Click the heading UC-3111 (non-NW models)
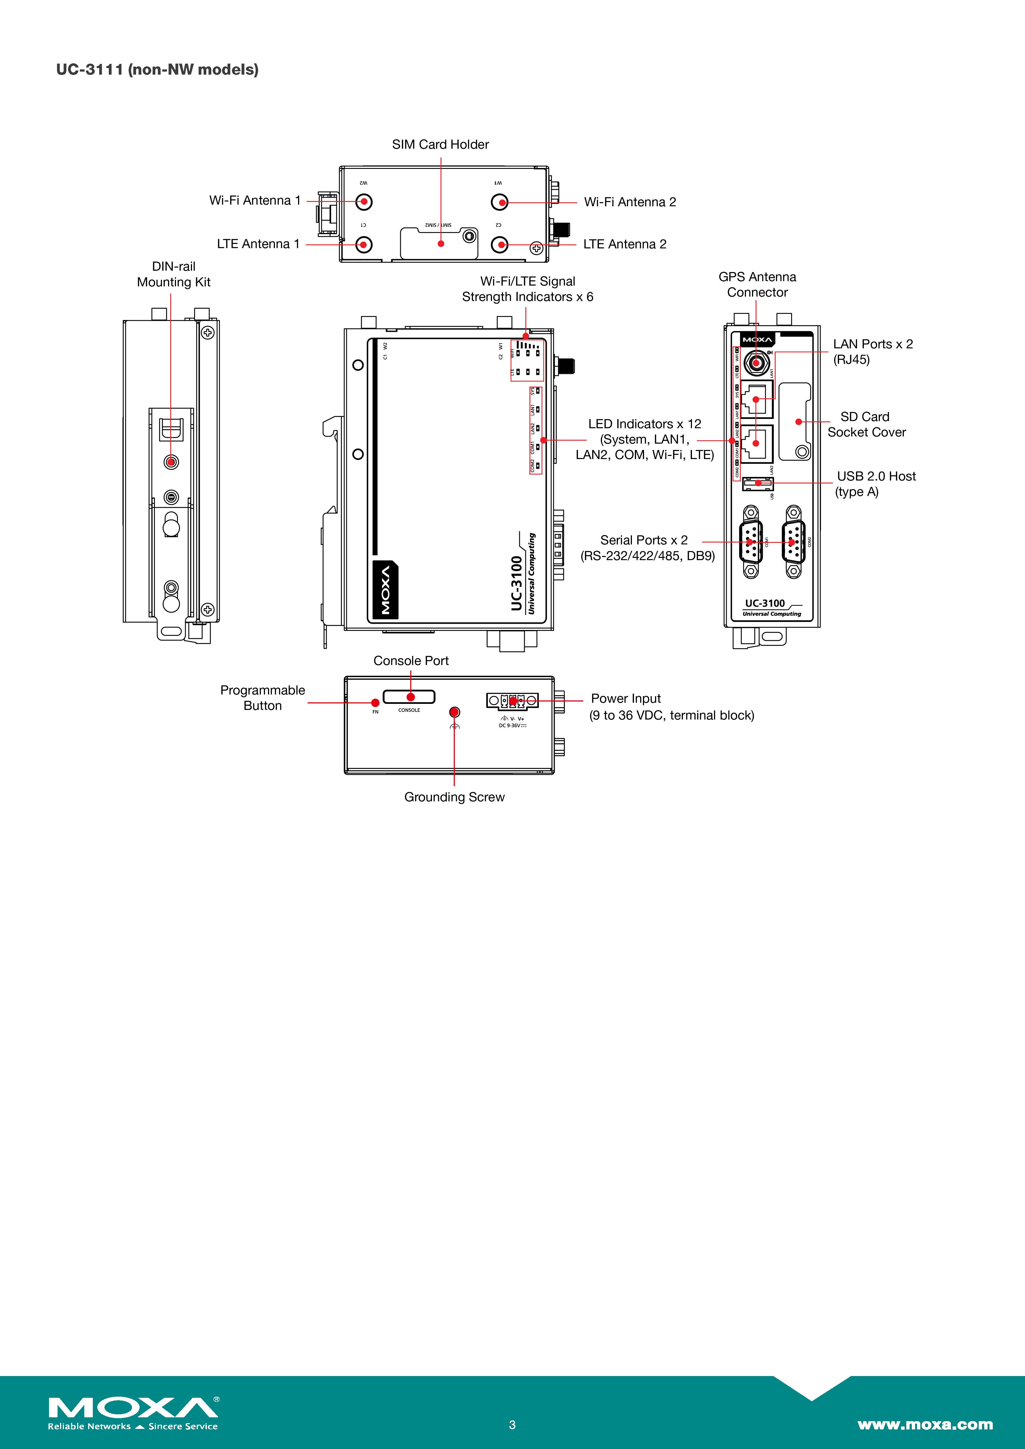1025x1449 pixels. pyautogui.click(x=157, y=69)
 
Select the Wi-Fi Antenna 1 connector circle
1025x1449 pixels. pyautogui.click(x=364, y=202)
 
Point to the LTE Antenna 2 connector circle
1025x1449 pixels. pyautogui.click(x=500, y=244)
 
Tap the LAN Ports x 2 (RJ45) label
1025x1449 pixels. pyautogui.click(x=872, y=352)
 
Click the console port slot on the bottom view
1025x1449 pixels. pyautogui.click(x=410, y=697)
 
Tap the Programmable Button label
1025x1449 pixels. pyautogui.click(x=263, y=698)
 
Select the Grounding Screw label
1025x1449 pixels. pyautogui.click(x=455, y=797)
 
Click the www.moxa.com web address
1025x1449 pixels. pyautogui.click(x=925, y=1424)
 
